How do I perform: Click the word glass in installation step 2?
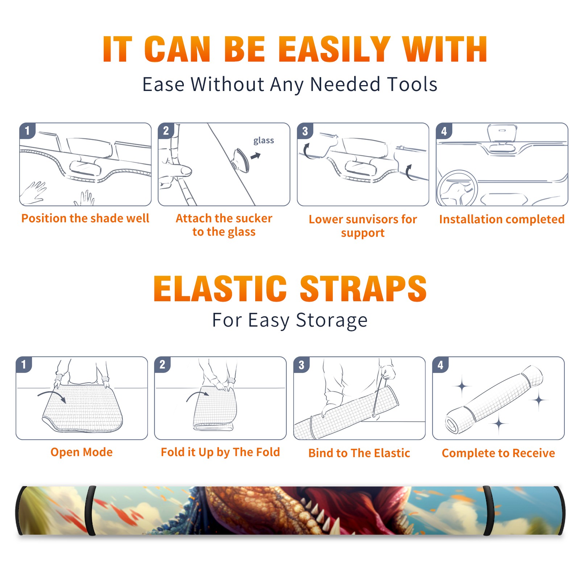coord(264,141)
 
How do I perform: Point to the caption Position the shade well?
coord(85,218)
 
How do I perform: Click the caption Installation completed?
coord(502,219)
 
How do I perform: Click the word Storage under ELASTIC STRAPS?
coord(332,320)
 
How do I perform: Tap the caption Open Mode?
coord(82,452)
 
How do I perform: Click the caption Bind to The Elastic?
coord(359,453)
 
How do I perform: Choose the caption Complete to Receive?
coord(498,453)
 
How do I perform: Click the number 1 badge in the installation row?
coord(27,130)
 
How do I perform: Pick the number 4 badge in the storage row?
coord(440,365)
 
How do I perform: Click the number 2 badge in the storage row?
coord(162,364)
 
